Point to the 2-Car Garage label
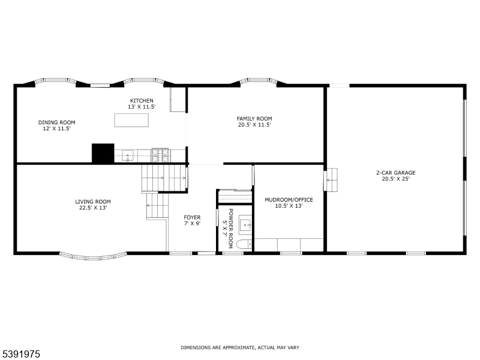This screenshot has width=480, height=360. (395, 173)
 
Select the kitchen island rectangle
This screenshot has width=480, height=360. (131, 119)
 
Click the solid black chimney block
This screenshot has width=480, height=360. (103, 153)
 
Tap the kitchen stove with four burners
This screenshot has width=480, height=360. (160, 155)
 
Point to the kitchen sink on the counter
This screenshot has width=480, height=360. (128, 156)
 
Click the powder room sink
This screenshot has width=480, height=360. (245, 225)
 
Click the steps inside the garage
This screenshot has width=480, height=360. (332, 179)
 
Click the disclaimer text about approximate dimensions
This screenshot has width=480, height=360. (240, 347)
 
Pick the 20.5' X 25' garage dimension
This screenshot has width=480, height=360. (395, 179)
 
